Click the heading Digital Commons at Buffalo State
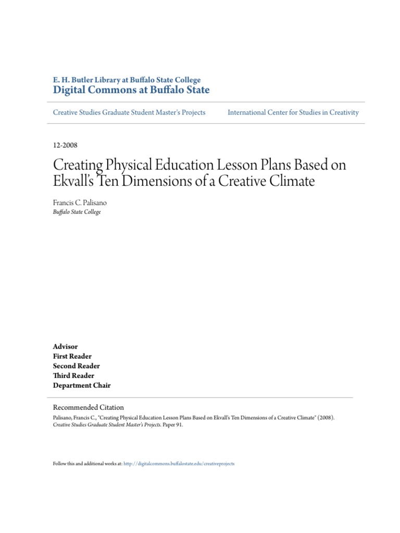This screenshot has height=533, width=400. [x=131, y=90]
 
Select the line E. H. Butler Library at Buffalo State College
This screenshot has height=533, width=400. [x=127, y=80]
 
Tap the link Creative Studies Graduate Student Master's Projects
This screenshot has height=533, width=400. [x=129, y=112]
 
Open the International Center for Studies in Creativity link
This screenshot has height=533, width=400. [x=293, y=112]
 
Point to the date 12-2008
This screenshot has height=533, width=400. [x=65, y=145]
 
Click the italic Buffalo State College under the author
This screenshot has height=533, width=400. [x=77, y=212]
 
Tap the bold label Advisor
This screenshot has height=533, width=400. [x=65, y=347]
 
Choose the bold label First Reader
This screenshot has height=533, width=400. [x=72, y=357]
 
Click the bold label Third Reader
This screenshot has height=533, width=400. [x=73, y=376]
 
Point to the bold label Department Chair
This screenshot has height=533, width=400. [x=82, y=386]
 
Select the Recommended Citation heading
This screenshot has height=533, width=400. [x=89, y=408]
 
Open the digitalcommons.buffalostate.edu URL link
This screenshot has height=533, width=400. [x=179, y=463]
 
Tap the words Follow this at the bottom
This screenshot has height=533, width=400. [x=65, y=463]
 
